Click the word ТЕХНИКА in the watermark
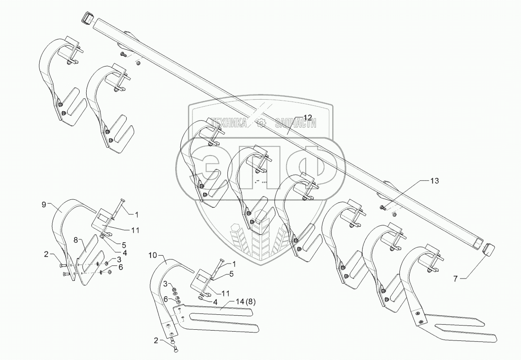[229, 122]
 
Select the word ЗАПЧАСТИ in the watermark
[295, 123]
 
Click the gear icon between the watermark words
[261, 123]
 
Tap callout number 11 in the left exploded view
[135, 230]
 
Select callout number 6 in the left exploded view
[121, 267]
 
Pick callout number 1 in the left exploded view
[137, 215]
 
